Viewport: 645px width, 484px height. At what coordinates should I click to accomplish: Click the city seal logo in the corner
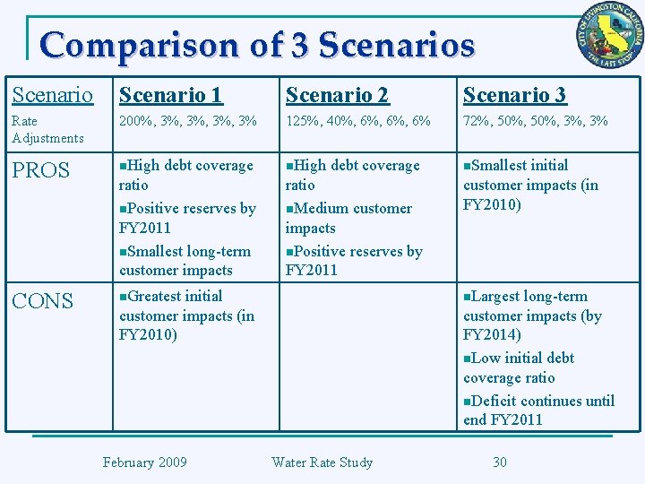pos(610,35)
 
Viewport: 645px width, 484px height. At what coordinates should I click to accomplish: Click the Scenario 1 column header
pos(171,95)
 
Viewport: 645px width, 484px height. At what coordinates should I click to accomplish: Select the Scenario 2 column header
pos(337,95)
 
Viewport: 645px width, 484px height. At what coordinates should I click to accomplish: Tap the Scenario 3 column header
pos(514,95)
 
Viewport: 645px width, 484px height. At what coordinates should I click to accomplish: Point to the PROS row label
pos(40,170)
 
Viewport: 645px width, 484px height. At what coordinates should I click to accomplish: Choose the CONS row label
pos(42,301)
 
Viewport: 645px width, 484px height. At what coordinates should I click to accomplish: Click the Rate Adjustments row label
pos(47,129)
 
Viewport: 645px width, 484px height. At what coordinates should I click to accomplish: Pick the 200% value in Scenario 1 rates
pos(135,120)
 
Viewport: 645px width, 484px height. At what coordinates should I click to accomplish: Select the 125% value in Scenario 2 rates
pos(302,120)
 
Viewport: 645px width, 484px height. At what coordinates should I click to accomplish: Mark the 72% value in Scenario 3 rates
pos(477,120)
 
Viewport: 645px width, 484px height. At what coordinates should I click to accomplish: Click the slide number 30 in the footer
pos(500,462)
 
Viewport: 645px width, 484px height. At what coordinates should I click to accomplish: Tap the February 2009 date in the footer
pos(144,462)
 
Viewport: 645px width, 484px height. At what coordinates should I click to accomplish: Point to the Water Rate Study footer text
pos(322,462)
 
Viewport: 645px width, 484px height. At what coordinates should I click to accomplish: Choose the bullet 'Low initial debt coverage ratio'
pos(519,367)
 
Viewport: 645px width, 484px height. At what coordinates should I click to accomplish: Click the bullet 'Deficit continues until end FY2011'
pos(538,411)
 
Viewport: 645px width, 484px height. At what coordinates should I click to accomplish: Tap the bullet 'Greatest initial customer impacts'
pos(186,315)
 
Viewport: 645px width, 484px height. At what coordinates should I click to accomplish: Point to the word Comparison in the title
pos(140,45)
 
